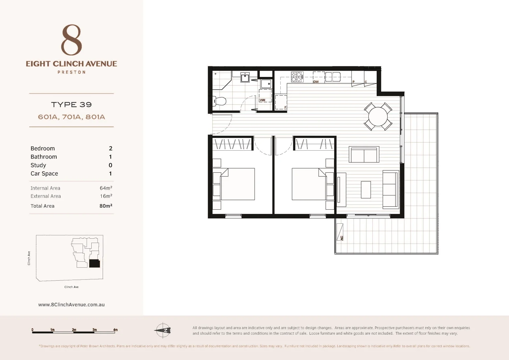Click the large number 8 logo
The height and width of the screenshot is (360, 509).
71,40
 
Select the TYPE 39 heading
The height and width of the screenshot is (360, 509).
71,105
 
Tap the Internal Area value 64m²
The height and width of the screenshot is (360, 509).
106,188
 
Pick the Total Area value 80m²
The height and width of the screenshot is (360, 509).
106,206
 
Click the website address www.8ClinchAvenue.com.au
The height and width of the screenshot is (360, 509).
71,304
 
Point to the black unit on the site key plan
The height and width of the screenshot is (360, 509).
94,263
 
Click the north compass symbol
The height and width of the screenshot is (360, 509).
163,330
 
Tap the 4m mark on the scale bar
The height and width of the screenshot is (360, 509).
115,330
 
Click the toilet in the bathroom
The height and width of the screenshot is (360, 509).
220,100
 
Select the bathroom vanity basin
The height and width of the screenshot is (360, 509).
245,78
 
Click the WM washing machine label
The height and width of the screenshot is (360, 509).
263,100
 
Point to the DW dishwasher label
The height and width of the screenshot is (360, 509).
316,82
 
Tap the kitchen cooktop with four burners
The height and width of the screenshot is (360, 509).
297,77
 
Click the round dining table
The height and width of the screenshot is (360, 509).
378,116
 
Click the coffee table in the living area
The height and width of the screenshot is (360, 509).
366,189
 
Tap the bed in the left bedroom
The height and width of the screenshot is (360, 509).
237,184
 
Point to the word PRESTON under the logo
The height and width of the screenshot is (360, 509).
71,72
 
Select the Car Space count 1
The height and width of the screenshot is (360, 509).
110,173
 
